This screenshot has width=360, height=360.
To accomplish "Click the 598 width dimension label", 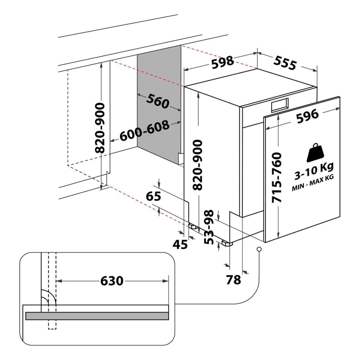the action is tap(222, 62).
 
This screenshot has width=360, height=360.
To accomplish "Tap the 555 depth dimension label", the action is tap(285, 63).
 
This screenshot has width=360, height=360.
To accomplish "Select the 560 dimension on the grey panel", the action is tap(158, 101).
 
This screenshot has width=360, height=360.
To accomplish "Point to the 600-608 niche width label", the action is tap(144, 131).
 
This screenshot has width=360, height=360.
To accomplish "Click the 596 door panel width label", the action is tap(308, 116).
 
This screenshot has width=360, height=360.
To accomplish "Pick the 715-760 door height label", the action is tap(276, 178).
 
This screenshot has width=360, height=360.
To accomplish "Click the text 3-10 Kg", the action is tap(314, 171).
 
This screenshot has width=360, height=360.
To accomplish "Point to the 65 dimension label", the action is tap(154, 196).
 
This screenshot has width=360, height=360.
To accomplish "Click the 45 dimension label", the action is tap(180, 245).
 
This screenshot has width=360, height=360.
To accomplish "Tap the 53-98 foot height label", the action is tap(209, 227).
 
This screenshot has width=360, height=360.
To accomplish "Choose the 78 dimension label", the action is tap(233, 280).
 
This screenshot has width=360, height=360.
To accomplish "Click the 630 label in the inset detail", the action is tap(112, 281).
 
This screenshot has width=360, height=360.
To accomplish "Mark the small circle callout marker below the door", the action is tap(259, 249).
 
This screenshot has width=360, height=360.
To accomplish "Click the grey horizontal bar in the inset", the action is tap(97, 316).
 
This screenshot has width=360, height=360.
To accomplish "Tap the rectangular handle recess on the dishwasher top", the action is tap(280, 105).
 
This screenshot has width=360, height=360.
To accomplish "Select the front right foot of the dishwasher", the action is tap(228, 243).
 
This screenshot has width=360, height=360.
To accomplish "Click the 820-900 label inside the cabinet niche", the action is tap(100, 128).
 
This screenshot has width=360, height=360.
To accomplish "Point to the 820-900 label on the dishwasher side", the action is tap(197, 165).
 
